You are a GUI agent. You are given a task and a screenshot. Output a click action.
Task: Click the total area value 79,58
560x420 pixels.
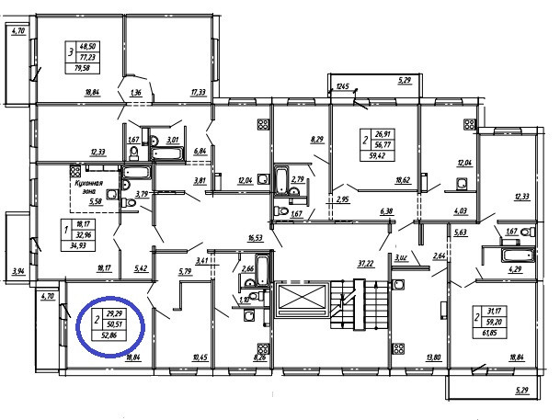coord(90,67)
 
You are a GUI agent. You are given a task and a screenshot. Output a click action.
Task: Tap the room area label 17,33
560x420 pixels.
coord(198,92)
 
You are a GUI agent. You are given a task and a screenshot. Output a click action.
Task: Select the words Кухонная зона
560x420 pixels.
coord(86,188)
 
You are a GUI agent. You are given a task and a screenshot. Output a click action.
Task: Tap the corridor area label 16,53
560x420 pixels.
coord(256,237)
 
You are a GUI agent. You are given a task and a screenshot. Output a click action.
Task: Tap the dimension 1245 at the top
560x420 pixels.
coord(345,86)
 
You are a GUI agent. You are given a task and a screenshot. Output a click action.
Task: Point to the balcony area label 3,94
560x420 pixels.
coord(17,272)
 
